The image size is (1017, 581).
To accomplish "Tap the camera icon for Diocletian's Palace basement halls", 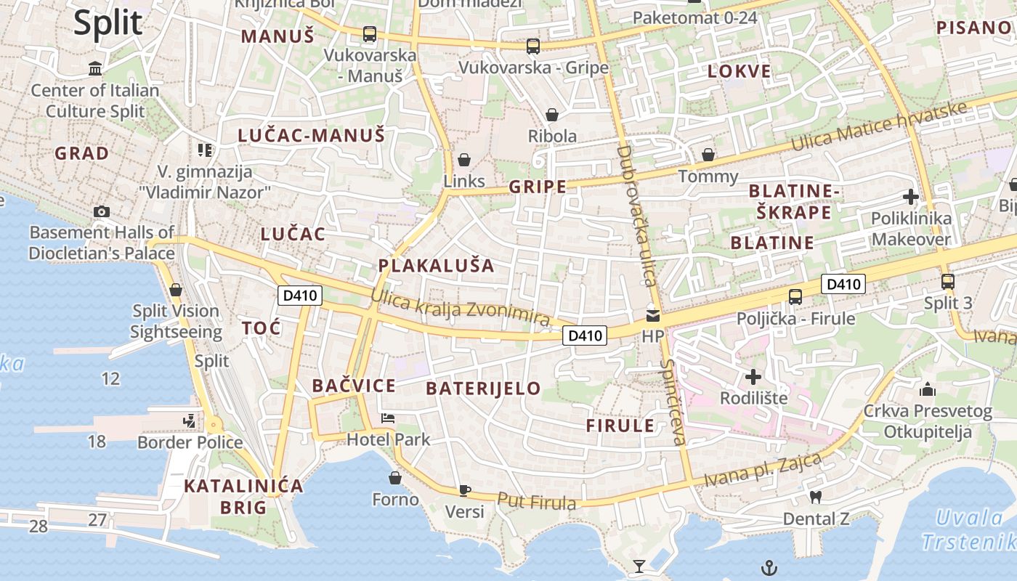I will tap(102, 211).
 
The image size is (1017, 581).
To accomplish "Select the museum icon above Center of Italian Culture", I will tap(95, 69).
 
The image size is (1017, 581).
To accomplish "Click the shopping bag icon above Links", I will tap(464, 160).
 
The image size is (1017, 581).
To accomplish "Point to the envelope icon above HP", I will tap(652, 316).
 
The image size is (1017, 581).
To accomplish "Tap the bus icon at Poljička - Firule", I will tap(795, 296).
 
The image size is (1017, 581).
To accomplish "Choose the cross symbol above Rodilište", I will tap(753, 377).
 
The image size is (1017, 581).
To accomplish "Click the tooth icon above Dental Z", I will tap(815, 497).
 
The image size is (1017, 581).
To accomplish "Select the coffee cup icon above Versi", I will tap(465, 490).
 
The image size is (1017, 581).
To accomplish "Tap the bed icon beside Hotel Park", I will tap(389, 418).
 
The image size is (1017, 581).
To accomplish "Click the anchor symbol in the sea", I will tap(769, 566).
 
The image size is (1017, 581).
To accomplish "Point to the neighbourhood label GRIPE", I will tap(538, 187).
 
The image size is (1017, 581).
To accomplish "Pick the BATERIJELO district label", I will tap(483, 389).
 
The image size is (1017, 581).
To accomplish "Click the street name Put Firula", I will tap(537, 501).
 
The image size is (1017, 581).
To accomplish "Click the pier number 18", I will tap(97, 441).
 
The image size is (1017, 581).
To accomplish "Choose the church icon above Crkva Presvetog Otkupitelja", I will tap(927, 390).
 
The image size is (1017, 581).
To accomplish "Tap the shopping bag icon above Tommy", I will tap(708, 155).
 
